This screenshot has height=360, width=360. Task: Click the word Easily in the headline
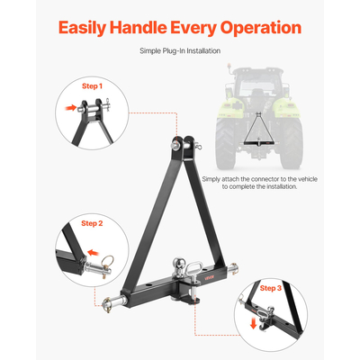tap(82, 28)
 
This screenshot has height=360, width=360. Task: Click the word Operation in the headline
tap(261, 28)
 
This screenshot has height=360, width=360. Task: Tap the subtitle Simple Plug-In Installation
tap(180, 51)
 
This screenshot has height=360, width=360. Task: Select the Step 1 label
tap(92, 86)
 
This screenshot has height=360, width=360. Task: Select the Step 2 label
tap(92, 223)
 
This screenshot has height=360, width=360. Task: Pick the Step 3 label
tap(271, 288)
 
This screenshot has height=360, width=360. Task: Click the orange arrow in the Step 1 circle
tap(71, 108)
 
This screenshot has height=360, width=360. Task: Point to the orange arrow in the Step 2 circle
tap(94, 253)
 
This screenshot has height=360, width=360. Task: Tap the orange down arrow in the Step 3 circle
tap(254, 324)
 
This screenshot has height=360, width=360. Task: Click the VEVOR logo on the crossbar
tap(210, 277)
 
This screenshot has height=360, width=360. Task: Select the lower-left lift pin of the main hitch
tap(112, 301)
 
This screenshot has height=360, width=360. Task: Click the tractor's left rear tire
tap(226, 143)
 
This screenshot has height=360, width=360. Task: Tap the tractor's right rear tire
tap(292, 143)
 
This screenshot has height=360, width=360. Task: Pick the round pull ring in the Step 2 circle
tap(107, 260)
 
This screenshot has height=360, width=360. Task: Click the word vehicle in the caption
tap(306, 179)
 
